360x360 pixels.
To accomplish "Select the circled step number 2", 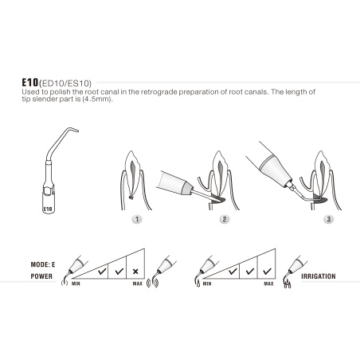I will pyautogui.click(x=225, y=217).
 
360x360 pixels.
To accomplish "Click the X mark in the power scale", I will pyautogui.click(x=137, y=271).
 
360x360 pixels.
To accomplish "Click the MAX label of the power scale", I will pyautogui.click(x=136, y=283).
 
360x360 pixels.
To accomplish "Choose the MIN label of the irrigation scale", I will pyautogui.click(x=207, y=283).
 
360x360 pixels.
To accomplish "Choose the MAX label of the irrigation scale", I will pyautogui.click(x=268, y=283).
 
